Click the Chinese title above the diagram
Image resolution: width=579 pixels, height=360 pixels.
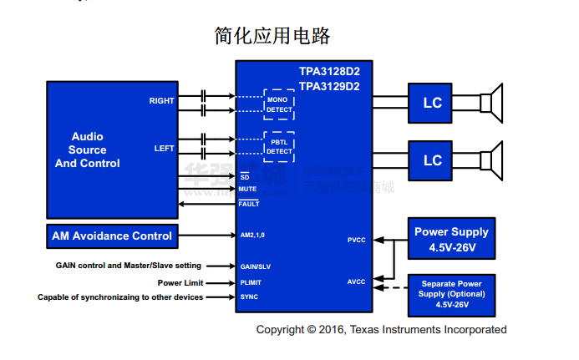[x=272, y=36]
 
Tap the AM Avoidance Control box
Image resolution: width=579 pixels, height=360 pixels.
[x=112, y=236]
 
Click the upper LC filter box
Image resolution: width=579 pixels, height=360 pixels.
[x=432, y=103]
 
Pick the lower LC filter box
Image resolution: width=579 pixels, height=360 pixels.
[x=432, y=160]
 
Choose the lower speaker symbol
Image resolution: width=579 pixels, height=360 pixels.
[x=494, y=160]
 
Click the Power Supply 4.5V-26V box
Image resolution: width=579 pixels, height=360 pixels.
[x=451, y=239]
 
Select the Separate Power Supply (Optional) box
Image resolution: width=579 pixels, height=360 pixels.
[x=451, y=293]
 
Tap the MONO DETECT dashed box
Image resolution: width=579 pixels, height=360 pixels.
[x=278, y=104]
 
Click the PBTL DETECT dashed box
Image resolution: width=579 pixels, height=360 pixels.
[x=278, y=147]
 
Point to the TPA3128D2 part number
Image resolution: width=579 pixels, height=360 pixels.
[x=329, y=73]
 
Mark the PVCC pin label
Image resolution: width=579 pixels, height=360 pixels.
[x=357, y=241]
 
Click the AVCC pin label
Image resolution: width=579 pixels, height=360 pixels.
[x=357, y=281]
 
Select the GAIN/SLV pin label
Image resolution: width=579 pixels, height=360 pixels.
[x=254, y=266]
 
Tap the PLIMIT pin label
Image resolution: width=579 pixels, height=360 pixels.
[x=251, y=282]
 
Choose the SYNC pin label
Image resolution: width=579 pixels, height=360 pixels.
[x=248, y=297]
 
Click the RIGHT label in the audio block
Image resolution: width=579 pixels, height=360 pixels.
[x=162, y=101]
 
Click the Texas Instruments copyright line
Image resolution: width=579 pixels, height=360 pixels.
[x=381, y=329]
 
